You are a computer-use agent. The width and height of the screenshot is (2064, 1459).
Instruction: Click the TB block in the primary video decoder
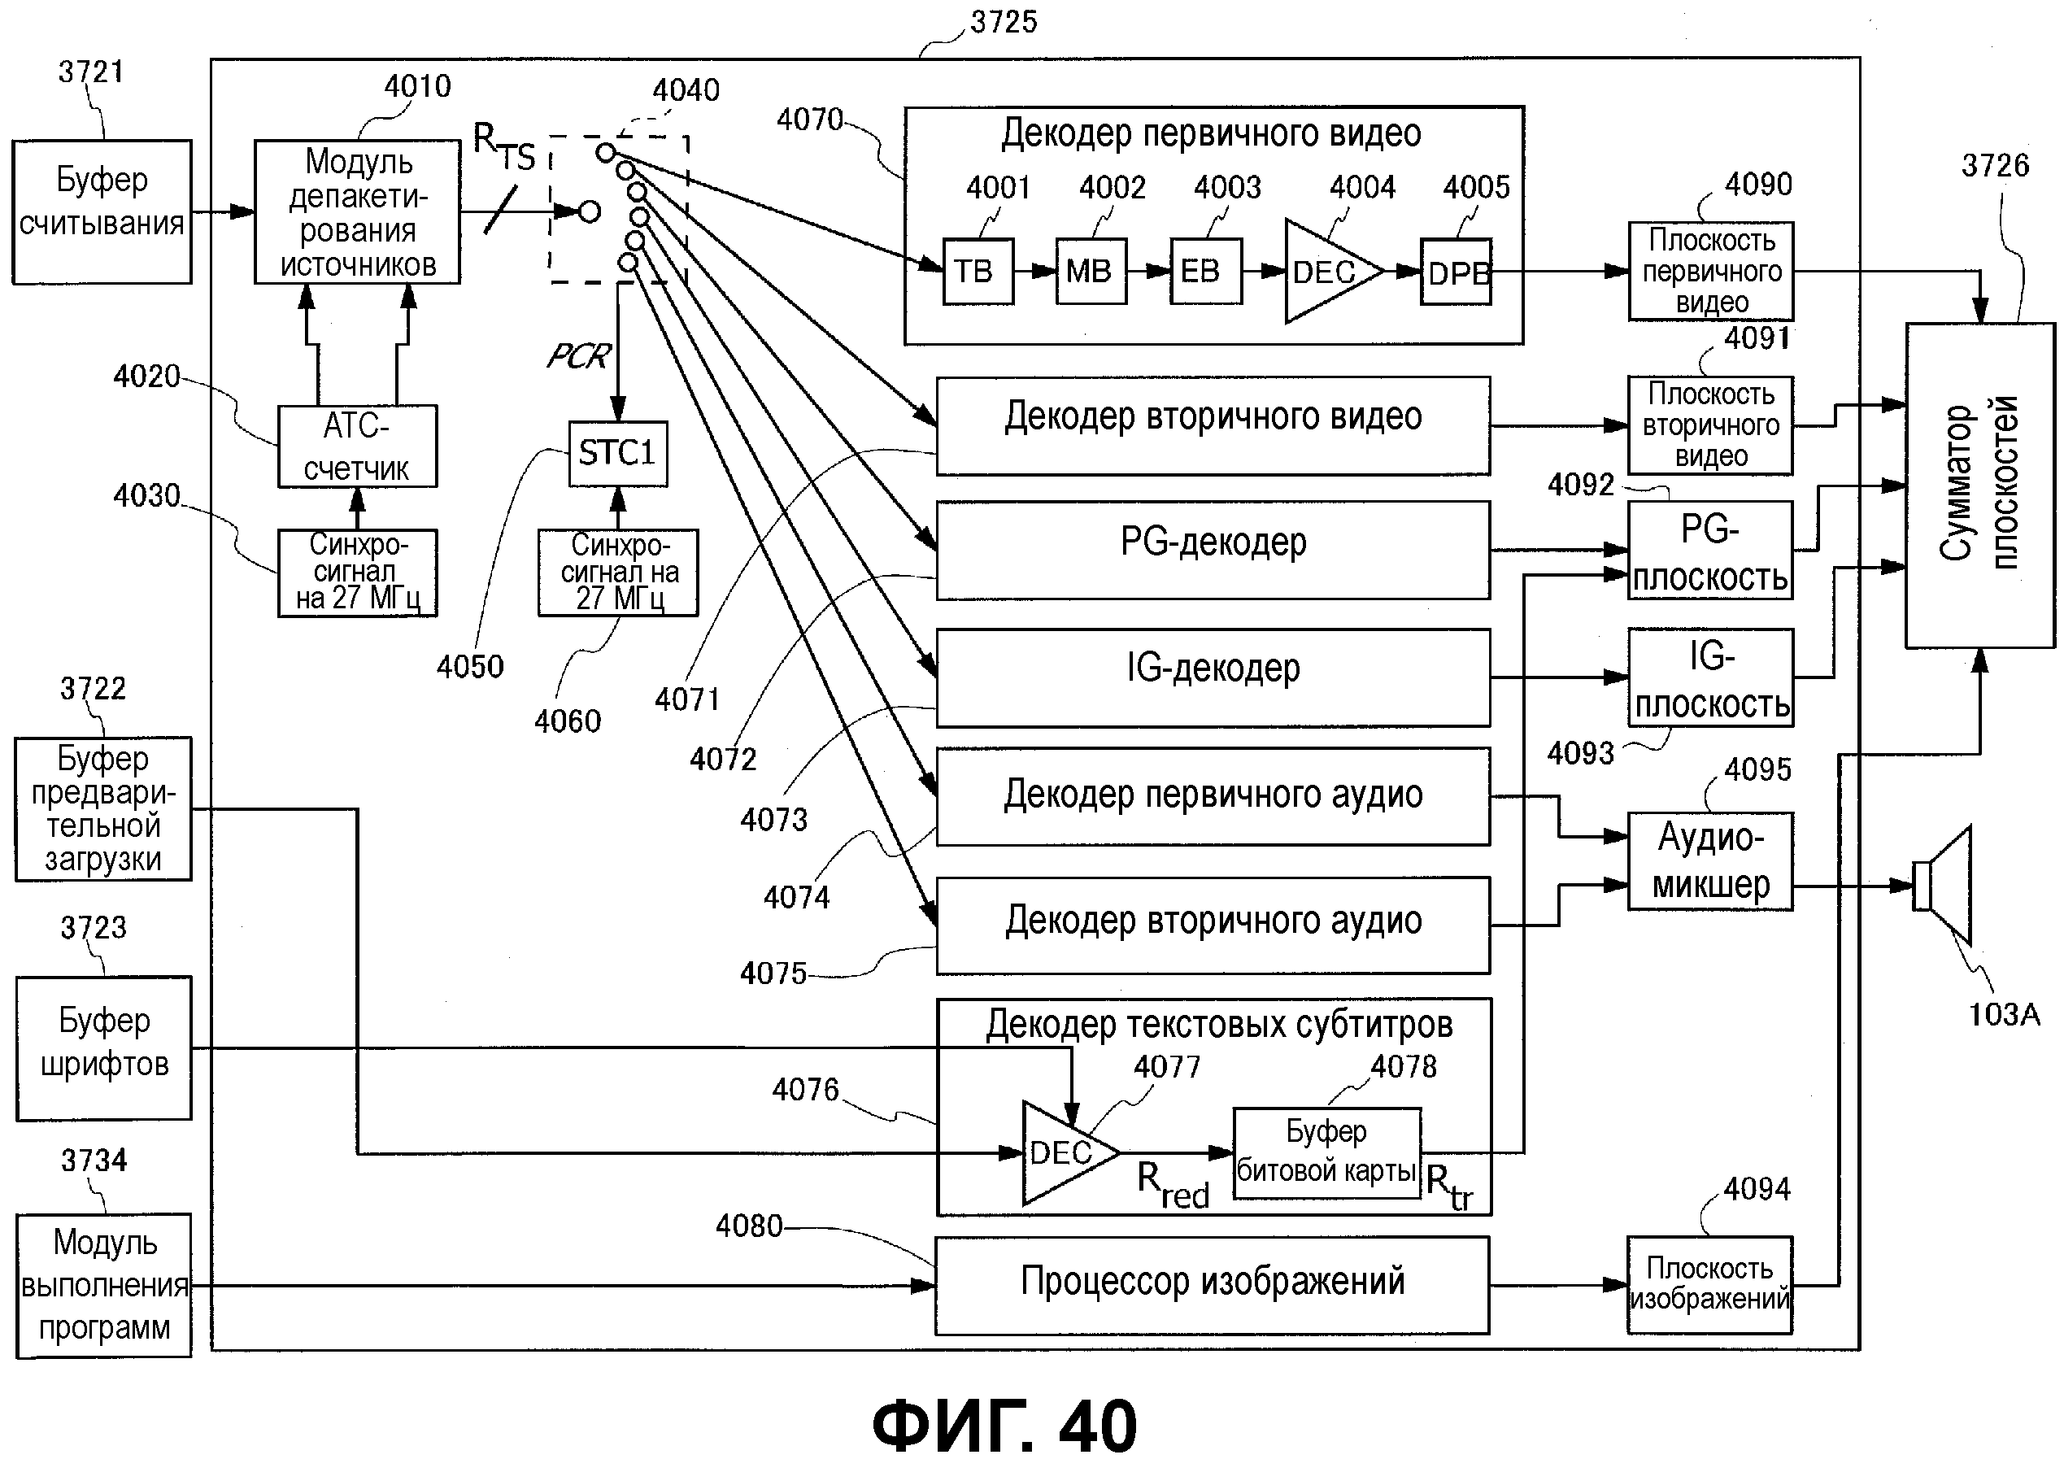coord(978,272)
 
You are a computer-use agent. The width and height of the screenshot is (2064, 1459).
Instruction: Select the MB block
coord(1091,272)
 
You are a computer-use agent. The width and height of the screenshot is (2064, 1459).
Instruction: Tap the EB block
coord(1204,272)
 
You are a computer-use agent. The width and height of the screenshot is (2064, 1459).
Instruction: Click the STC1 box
coord(617,453)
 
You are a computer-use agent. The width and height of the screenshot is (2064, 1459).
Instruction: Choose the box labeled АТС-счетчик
coord(357,446)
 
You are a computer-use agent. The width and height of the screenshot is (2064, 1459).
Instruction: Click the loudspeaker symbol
coord(1944,886)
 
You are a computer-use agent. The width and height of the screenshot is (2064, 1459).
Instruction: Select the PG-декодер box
coord(1212,549)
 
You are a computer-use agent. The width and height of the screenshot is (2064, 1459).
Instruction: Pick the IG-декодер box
coord(1212,676)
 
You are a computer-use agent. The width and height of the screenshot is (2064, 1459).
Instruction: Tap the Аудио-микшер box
coord(1709,861)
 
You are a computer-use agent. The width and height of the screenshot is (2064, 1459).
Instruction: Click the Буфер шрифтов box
coord(104,1047)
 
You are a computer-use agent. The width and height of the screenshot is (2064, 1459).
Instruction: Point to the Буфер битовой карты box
coord(1326,1152)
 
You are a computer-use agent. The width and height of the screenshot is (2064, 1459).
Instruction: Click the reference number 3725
coord(1004,22)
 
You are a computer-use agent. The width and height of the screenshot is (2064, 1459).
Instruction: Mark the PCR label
coord(578,357)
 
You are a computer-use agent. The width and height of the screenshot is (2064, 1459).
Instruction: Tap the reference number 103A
coord(2004,1015)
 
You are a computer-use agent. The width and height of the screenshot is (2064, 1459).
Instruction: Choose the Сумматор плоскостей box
coord(1979,485)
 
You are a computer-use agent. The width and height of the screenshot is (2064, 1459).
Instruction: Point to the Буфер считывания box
coord(102,211)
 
